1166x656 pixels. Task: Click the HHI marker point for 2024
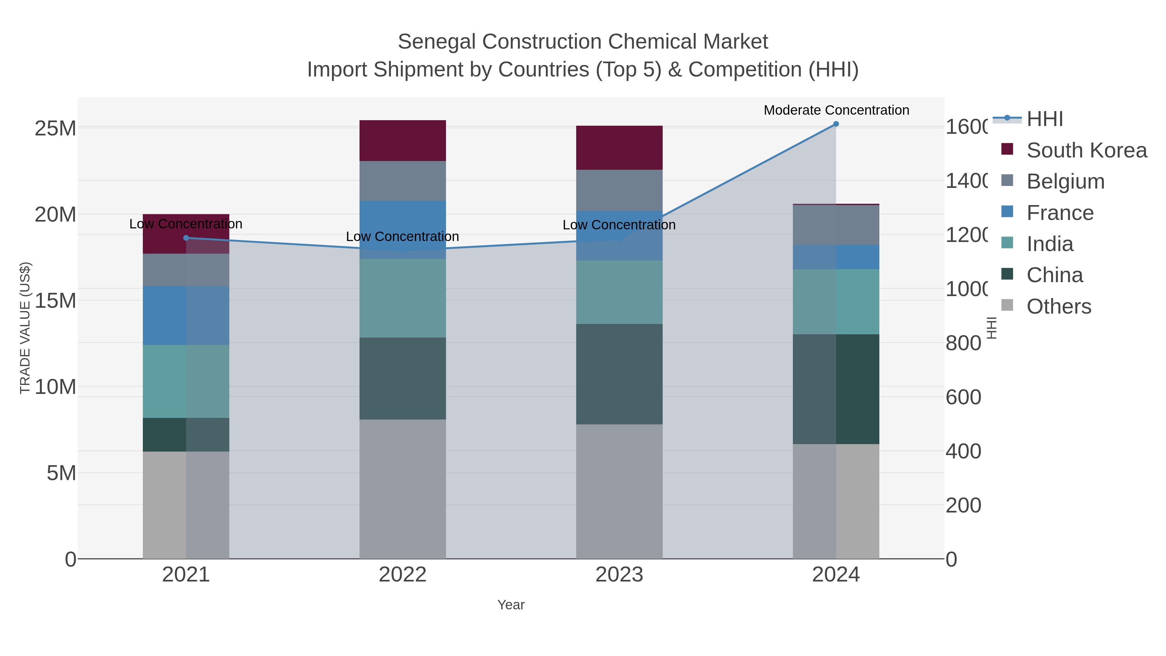click(836, 124)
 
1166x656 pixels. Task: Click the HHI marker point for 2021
click(186, 238)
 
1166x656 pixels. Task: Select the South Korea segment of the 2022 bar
click(402, 141)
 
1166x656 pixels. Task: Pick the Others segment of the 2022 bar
click(402, 489)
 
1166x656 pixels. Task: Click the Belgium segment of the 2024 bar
click(836, 225)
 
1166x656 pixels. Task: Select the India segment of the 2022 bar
click(402, 298)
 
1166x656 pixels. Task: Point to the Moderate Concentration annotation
click(836, 110)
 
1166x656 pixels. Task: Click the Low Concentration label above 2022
click(402, 236)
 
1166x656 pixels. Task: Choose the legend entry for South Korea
click(1086, 150)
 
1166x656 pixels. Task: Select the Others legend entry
click(1058, 306)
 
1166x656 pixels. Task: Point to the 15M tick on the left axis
click(55, 301)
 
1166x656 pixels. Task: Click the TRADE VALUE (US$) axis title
click(25, 328)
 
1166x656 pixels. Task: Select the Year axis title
click(510, 605)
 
